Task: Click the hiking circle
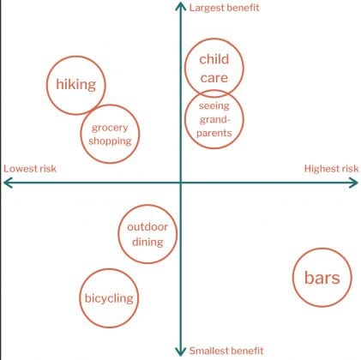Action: (47, 85)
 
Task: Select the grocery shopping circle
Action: (81, 134)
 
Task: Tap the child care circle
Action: (185, 68)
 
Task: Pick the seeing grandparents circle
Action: (185, 119)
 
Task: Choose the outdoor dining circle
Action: (119, 234)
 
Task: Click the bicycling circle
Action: (80, 298)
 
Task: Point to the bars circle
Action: (293, 277)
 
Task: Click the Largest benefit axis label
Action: (225, 8)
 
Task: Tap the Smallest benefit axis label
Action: (226, 351)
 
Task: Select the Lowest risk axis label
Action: (30, 169)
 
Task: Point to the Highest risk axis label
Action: (331, 169)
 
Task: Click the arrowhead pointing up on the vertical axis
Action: (181, 6)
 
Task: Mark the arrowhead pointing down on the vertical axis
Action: (181, 351)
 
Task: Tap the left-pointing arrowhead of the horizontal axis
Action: (8, 183)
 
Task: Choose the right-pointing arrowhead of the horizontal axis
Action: (354, 183)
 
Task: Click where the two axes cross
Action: (181, 183)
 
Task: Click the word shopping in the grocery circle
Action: (110, 141)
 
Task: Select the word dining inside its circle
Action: (147, 242)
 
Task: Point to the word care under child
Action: (214, 78)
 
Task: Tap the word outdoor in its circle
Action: (147, 227)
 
